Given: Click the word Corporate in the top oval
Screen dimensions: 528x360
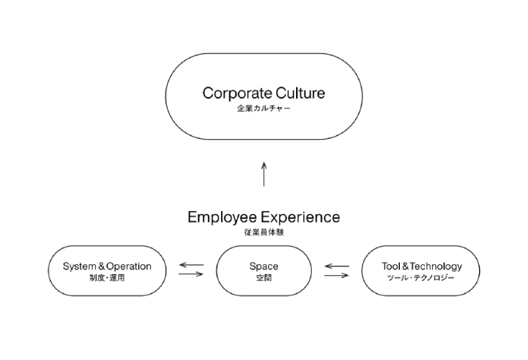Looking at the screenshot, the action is (x=238, y=94).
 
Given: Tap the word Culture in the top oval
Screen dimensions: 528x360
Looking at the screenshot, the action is (x=300, y=93).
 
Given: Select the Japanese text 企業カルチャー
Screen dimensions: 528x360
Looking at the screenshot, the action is (x=264, y=108).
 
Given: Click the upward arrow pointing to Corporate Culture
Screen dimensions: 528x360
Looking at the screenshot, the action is (x=264, y=174).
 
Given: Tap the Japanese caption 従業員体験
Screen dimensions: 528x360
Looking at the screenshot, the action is (x=264, y=232).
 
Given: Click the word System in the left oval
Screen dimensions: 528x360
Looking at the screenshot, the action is (x=79, y=266).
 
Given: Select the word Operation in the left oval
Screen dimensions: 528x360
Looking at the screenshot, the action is (x=129, y=266).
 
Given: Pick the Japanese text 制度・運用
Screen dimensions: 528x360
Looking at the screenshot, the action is (x=107, y=278).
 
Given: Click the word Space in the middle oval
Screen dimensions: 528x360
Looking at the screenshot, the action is (x=264, y=266).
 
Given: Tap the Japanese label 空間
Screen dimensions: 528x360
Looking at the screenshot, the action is (x=264, y=278).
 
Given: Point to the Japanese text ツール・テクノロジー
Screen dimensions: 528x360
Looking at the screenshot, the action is (x=421, y=278).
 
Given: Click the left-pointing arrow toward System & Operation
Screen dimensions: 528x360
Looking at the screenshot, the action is (x=192, y=265).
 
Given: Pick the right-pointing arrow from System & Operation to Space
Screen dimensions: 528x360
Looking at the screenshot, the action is (x=192, y=274).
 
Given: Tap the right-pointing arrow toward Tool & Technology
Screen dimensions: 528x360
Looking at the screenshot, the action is (x=336, y=276).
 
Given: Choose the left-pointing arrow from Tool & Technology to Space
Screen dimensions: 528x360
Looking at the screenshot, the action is (x=336, y=266).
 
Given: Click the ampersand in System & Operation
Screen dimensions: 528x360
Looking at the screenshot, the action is (x=102, y=266).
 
